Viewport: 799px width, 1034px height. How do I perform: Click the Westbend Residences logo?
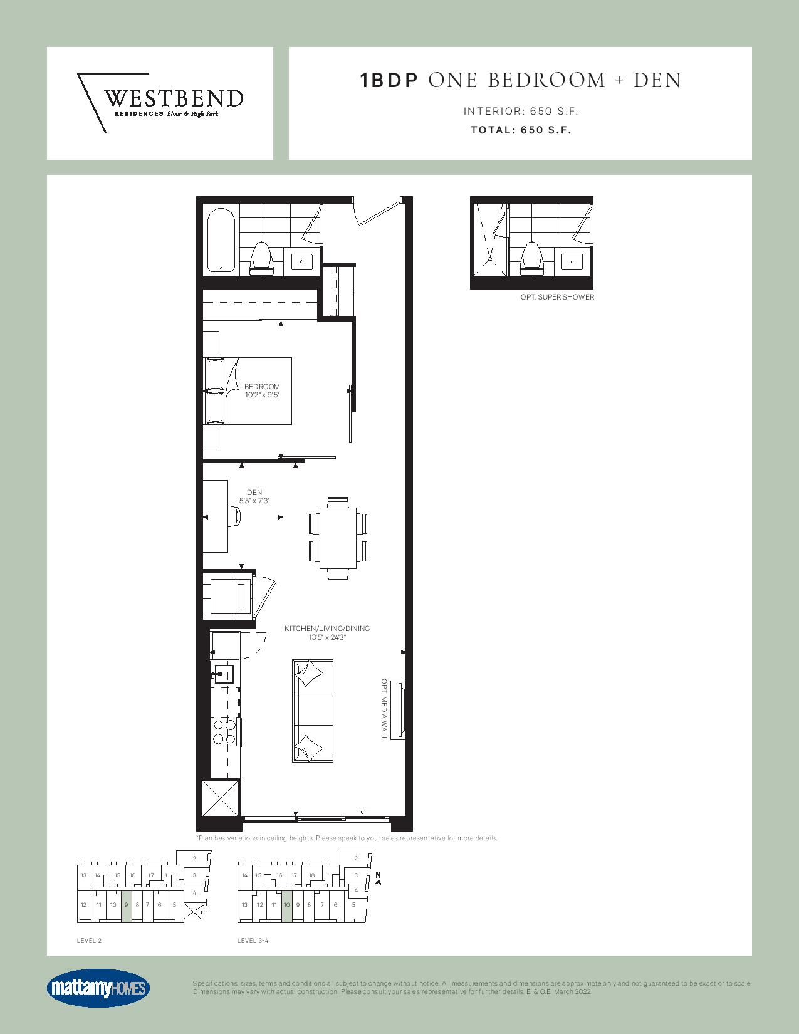point(160,103)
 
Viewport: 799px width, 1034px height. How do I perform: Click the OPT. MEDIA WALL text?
point(384,709)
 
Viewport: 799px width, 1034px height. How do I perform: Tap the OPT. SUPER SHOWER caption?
point(557,297)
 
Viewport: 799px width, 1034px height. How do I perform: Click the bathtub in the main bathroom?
point(221,240)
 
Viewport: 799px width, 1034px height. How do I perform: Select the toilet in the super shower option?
point(531,258)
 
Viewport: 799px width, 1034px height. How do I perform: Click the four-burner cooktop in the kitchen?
point(224,732)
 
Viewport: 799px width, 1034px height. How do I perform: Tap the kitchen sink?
point(222,674)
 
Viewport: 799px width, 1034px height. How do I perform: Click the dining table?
point(338,538)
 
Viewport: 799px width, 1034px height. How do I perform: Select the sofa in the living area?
point(312,711)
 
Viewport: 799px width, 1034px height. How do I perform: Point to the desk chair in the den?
point(234,516)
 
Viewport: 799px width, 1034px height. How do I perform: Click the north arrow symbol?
point(379,879)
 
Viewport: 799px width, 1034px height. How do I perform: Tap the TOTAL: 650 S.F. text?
point(521,130)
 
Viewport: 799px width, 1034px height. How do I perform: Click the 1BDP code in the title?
point(389,80)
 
